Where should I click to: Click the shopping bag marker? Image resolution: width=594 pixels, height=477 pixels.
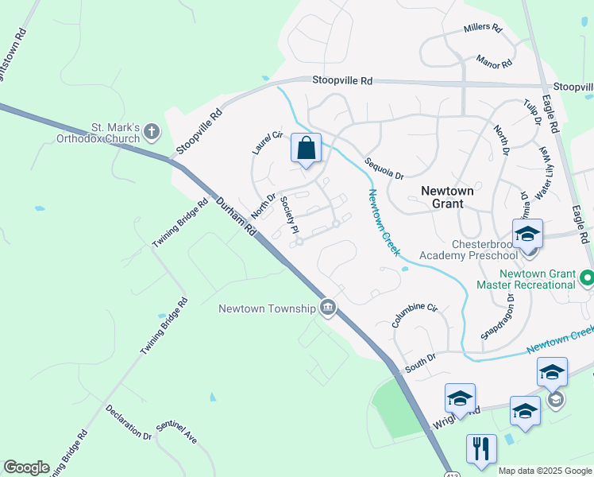(x=307, y=149)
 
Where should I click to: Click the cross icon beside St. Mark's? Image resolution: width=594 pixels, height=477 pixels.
(x=152, y=132)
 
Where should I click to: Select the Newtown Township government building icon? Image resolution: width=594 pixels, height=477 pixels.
(x=327, y=308)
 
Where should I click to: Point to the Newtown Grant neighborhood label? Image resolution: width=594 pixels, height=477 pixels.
(x=447, y=197)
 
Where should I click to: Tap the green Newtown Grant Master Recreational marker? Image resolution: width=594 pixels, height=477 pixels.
(x=587, y=278)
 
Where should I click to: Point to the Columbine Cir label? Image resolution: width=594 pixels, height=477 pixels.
(x=415, y=316)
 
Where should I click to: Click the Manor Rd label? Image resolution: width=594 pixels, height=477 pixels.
(x=495, y=60)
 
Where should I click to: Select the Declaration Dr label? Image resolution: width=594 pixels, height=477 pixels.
(x=128, y=422)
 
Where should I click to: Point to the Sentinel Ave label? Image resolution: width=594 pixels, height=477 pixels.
(x=175, y=432)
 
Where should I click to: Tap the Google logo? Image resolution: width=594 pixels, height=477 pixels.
(x=26, y=467)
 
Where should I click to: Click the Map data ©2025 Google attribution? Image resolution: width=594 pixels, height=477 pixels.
(x=545, y=471)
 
